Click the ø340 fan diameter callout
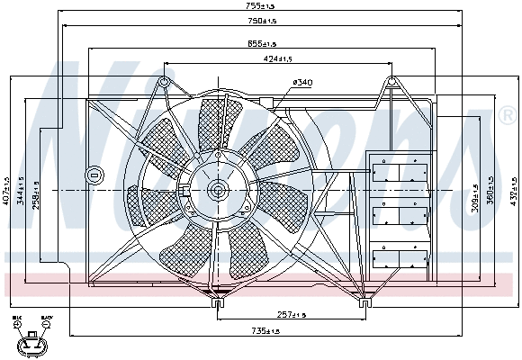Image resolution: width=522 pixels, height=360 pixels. point(302,83)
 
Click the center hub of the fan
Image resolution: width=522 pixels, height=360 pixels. point(217,190)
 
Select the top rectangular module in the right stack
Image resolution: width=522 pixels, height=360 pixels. point(398,171)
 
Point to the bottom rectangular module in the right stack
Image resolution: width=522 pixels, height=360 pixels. point(398,257)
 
